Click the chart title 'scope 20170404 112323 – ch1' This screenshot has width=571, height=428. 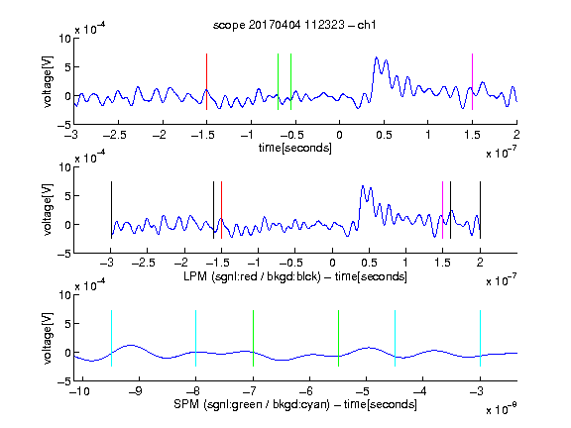pyautogui.click(x=294, y=25)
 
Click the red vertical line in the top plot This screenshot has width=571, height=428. pyautogui.click(x=206, y=81)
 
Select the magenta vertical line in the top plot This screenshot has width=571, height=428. pyautogui.click(x=472, y=81)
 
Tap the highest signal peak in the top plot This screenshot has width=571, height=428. pyautogui.click(x=376, y=57)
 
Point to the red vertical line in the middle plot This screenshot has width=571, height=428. pyautogui.click(x=221, y=210)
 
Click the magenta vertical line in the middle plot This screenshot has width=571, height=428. pyautogui.click(x=442, y=210)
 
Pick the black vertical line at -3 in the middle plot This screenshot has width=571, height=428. pyautogui.click(x=111, y=210)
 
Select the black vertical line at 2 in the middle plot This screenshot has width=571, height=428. pyautogui.click(x=481, y=210)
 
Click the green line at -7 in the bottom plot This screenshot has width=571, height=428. pyautogui.click(x=253, y=338)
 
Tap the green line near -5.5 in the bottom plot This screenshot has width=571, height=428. pyautogui.click(x=338, y=338)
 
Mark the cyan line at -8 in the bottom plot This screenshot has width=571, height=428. pyautogui.click(x=195, y=338)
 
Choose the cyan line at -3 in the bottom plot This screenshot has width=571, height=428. pyautogui.click(x=481, y=338)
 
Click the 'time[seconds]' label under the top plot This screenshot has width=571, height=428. pyautogui.click(x=295, y=148)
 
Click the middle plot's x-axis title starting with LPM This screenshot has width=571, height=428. pyautogui.click(x=295, y=276)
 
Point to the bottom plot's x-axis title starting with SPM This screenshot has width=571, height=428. pyautogui.click(x=295, y=404)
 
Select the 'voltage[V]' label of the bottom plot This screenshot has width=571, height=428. pyautogui.click(x=48, y=338)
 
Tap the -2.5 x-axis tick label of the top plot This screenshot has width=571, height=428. pyautogui.click(x=114, y=135)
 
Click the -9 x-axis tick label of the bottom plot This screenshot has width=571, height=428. pyautogui.click(x=136, y=391)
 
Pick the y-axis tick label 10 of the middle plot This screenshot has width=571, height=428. pyautogui.click(x=64, y=167)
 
